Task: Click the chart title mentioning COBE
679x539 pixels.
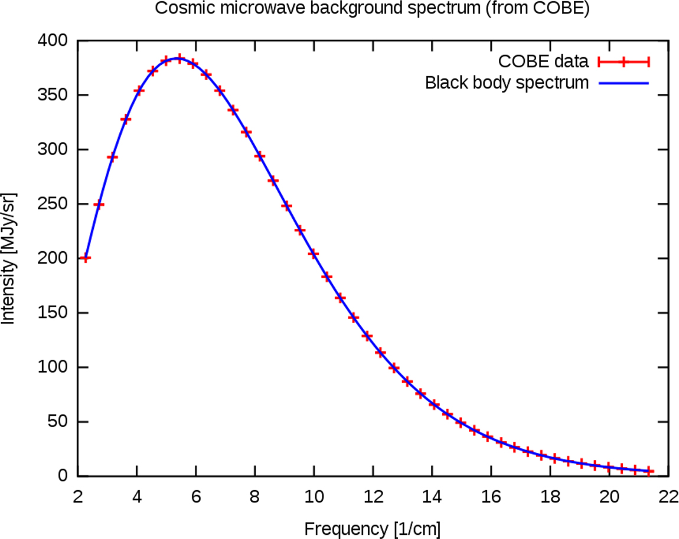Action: click(x=372, y=9)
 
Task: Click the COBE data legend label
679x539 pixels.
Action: click(x=543, y=61)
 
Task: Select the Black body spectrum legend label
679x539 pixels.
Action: click(x=507, y=83)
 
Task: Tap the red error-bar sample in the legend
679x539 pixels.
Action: click(x=623, y=61)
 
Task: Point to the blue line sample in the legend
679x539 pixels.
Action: click(x=623, y=83)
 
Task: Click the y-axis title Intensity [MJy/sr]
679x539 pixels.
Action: click(x=9, y=258)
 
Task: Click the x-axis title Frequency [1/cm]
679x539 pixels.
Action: click(x=372, y=528)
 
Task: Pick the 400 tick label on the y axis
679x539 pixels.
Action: click(x=54, y=41)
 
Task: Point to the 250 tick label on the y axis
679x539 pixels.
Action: click(x=54, y=205)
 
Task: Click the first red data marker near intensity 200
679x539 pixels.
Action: click(x=86, y=258)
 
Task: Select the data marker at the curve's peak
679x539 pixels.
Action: click(x=179, y=58)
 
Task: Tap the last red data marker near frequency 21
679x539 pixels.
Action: click(x=648, y=471)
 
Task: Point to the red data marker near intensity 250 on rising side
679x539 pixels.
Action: click(x=99, y=205)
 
